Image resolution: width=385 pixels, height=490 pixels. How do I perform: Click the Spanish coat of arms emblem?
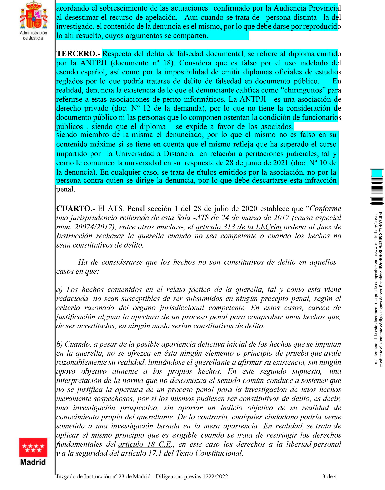[33, 15]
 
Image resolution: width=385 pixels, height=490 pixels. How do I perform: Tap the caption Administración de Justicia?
[33, 35]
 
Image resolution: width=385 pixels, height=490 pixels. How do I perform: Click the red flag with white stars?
[33, 447]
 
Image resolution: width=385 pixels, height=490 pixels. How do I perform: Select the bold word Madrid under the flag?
[33, 462]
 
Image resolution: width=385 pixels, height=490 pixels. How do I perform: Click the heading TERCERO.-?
[78, 54]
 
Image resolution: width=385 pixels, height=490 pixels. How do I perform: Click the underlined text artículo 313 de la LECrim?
[238, 227]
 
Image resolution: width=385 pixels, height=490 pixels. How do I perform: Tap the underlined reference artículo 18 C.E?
[144, 444]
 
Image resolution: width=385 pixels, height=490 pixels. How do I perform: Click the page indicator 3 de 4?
[330, 477]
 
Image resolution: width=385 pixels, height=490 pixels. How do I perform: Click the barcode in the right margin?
[377, 186]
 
